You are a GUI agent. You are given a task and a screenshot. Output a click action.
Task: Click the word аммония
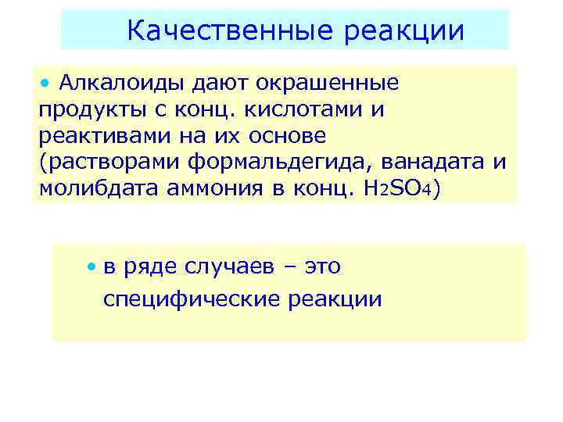coord(210,189)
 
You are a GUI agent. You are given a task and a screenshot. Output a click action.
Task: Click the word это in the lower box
coord(322,267)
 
